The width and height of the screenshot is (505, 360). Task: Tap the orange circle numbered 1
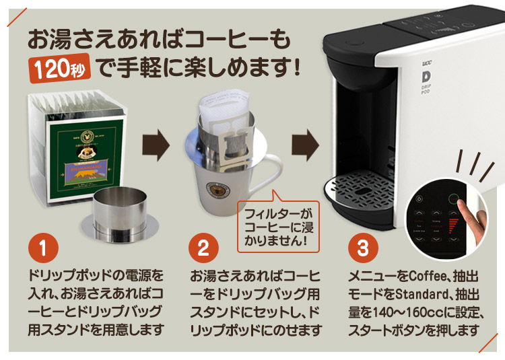click(x=44, y=248)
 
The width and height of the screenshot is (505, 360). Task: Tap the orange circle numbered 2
click(x=203, y=248)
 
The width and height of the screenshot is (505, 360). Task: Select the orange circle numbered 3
click(x=363, y=248)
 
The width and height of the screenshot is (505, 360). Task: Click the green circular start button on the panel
click(x=456, y=200)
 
